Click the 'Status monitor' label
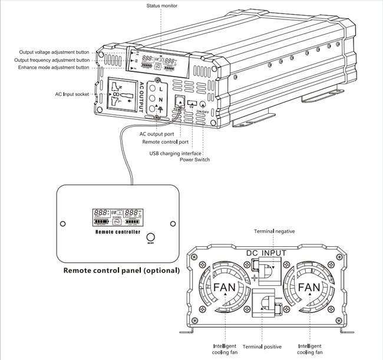pos(161,6)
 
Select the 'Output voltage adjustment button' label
pos(54,52)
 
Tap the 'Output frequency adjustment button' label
pos(53,60)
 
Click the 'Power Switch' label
pos(194,160)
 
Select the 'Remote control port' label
pos(166,142)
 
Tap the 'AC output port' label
pos(157,134)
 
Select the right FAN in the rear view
pos(309,288)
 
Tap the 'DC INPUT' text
pos(266,253)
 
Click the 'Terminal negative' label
pos(274,232)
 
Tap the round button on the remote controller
pos(150,235)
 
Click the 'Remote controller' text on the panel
pos(118,232)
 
